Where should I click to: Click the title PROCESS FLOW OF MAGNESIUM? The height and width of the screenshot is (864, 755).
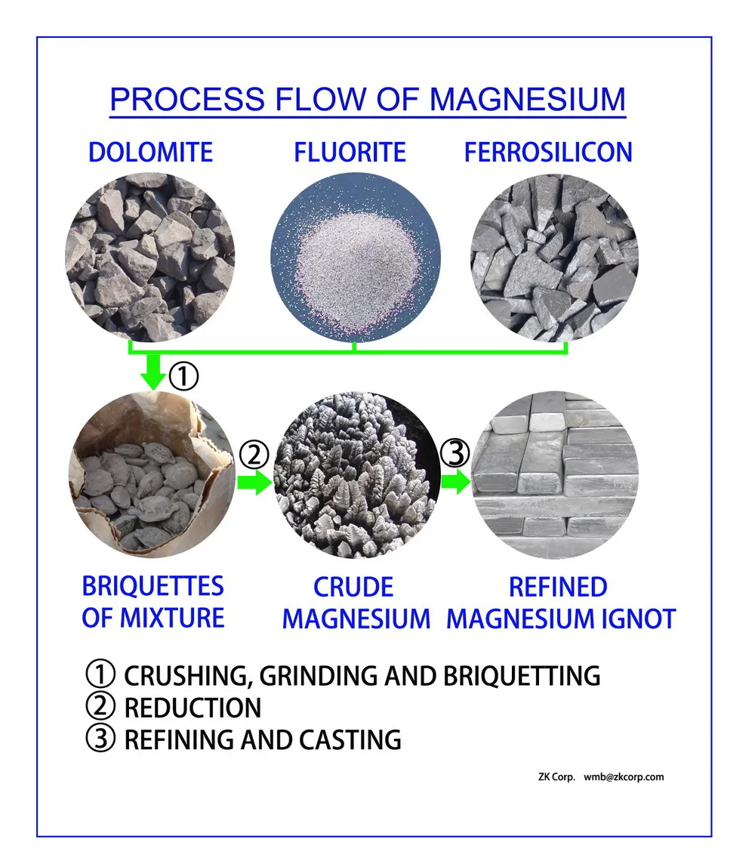point(368,100)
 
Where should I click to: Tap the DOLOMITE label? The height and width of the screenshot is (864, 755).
point(150,153)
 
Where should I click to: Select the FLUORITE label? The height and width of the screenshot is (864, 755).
point(350,153)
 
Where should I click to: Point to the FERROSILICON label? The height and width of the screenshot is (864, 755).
point(547,153)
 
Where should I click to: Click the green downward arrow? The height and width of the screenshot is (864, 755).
point(154,372)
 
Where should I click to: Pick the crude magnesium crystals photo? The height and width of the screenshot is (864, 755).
point(355,474)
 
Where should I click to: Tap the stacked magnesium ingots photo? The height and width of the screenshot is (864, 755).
point(554,474)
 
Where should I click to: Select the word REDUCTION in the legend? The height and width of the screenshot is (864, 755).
point(193,708)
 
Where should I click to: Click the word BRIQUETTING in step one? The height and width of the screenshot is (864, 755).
point(520,675)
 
